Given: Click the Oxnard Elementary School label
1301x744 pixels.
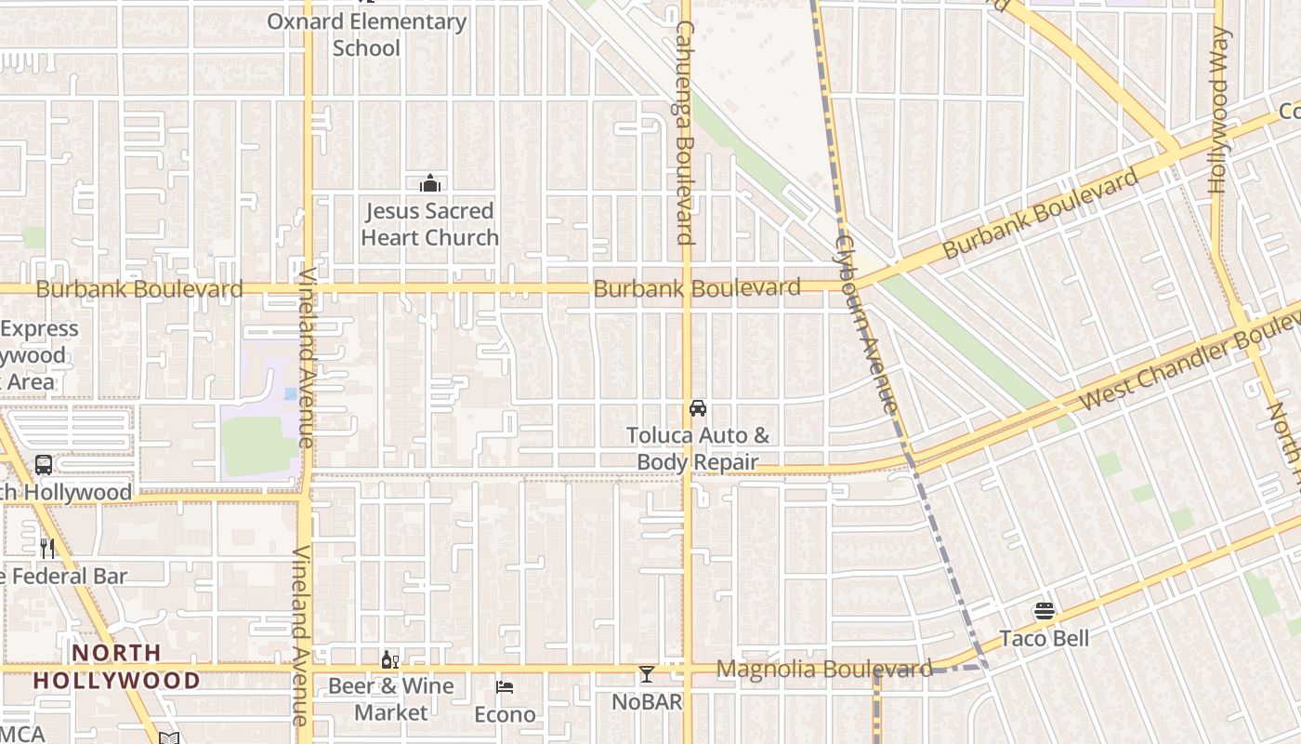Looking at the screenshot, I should pyautogui.click(x=366, y=34).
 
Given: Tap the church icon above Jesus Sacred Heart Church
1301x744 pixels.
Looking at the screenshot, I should pyautogui.click(x=429, y=183).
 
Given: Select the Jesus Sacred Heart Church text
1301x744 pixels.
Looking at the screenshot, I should pyautogui.click(x=429, y=224).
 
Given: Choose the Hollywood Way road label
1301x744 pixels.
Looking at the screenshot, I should pyautogui.click(x=1219, y=110).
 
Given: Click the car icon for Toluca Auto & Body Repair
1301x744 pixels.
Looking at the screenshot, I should pyautogui.click(x=697, y=407).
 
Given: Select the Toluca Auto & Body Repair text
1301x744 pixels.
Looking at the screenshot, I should pyautogui.click(x=697, y=448).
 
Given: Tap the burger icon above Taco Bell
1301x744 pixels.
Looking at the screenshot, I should pyautogui.click(x=1045, y=611).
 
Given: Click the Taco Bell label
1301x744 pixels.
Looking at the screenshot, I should pyautogui.click(x=1045, y=639).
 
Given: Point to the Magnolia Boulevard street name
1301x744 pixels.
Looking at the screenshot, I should pyautogui.click(x=824, y=669).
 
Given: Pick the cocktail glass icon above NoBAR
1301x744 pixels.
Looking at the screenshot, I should pyautogui.click(x=647, y=673).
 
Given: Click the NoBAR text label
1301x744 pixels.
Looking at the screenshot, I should pyautogui.click(x=647, y=701).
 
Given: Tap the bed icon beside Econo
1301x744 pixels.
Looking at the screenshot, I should pyautogui.click(x=505, y=687).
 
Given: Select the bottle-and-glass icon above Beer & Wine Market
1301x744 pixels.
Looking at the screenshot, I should pyautogui.click(x=390, y=660).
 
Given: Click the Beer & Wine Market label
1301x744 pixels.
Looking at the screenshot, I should pyautogui.click(x=390, y=699).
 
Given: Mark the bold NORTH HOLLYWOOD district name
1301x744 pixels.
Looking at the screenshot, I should pyautogui.click(x=116, y=667).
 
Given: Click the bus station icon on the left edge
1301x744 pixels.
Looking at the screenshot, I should pyautogui.click(x=44, y=465).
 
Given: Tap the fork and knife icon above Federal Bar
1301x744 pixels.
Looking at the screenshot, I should pyautogui.click(x=47, y=549).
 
